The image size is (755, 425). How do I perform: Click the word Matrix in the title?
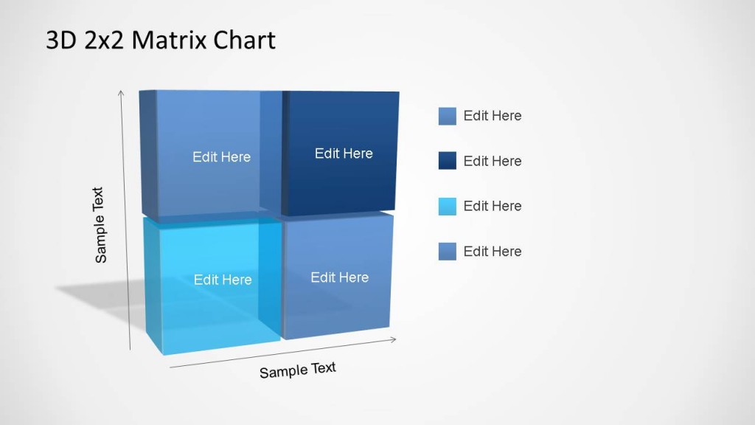[170, 40]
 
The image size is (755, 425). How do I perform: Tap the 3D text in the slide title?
[61, 40]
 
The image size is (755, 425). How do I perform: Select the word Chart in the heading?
[244, 40]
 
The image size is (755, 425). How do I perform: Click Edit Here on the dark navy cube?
[344, 153]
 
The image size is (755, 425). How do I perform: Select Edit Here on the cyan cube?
[223, 280]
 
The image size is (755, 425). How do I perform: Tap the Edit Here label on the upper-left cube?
[221, 157]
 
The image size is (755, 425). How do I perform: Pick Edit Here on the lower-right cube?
[339, 277]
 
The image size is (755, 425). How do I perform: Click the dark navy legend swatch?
[448, 161]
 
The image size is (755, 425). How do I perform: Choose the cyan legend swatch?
[448, 207]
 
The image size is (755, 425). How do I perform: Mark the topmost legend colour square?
[448, 116]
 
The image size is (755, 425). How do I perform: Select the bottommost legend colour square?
[448, 252]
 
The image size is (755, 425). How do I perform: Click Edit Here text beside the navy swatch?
[492, 161]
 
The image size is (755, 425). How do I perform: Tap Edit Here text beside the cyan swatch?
[492, 206]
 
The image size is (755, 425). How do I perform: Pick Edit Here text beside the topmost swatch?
[492, 116]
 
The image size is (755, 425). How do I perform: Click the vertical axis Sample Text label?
[100, 225]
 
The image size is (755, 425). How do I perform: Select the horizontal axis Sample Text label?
[297, 370]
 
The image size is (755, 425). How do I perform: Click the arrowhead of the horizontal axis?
[394, 339]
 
